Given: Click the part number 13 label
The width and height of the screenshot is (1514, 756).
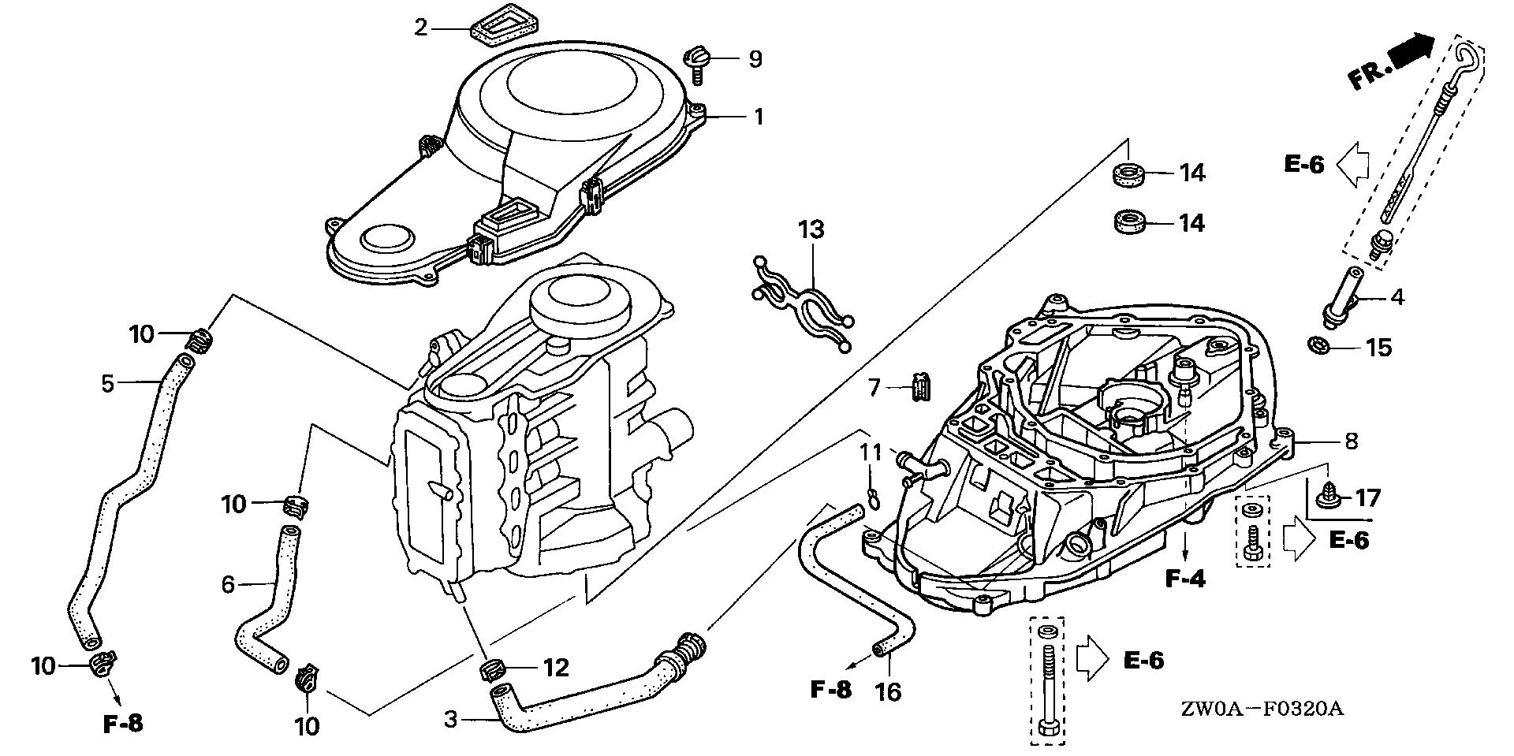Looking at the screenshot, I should [x=811, y=230].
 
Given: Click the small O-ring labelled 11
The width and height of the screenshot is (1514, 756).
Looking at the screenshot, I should [x=871, y=495].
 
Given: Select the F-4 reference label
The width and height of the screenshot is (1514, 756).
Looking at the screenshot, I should [x=1185, y=579].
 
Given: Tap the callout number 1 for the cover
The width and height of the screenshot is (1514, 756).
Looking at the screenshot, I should [x=758, y=117].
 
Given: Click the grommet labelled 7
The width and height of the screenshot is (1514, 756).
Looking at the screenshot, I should [x=921, y=388].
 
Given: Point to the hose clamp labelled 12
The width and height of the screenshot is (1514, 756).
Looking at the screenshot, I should [x=490, y=670].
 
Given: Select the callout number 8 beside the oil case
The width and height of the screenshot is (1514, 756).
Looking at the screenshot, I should [x=1351, y=441].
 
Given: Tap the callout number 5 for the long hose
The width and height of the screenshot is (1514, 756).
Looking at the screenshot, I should [x=108, y=384].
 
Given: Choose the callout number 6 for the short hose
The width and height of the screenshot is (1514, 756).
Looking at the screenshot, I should [x=228, y=584].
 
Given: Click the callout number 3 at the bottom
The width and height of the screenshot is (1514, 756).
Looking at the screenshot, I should [x=450, y=719].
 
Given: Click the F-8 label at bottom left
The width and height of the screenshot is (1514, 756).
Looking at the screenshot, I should [x=124, y=723].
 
